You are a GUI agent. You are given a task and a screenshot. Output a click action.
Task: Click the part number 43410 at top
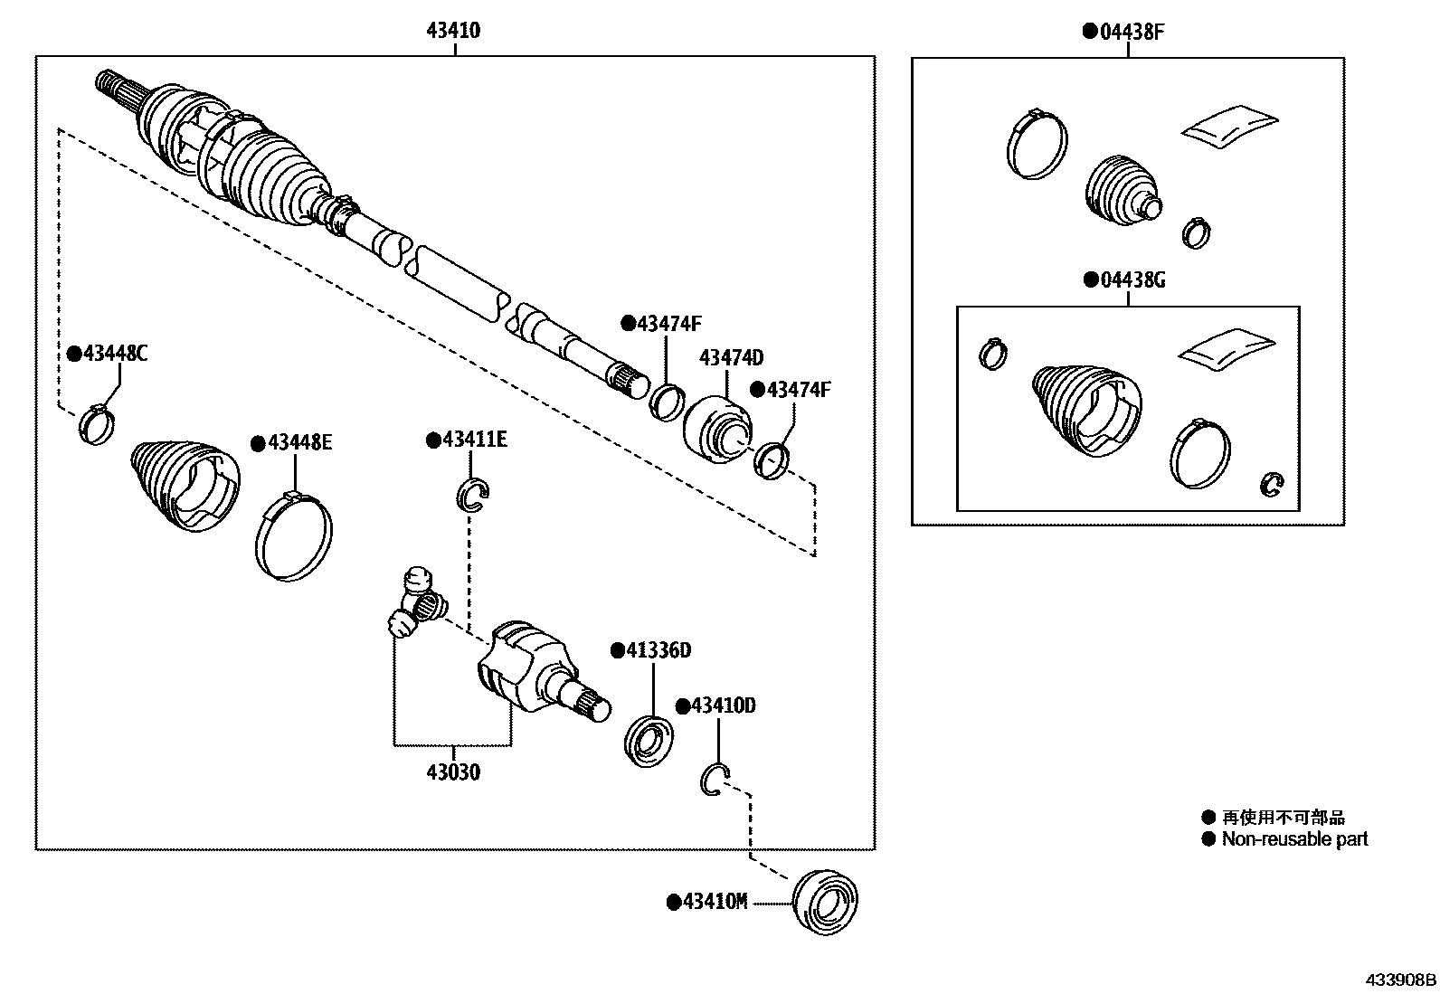453,31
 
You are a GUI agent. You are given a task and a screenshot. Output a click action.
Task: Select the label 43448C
113,354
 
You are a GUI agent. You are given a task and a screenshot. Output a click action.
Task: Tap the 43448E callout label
298,442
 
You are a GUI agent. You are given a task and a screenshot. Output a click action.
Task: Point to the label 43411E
473,440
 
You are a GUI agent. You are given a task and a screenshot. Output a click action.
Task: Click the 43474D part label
731,358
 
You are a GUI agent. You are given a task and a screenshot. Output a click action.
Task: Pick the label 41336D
658,650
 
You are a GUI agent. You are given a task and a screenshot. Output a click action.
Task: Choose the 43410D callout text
722,705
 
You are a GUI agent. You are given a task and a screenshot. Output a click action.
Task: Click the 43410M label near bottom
714,902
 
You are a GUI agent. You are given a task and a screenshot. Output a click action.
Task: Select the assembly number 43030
453,772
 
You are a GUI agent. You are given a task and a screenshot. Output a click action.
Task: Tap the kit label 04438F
1130,33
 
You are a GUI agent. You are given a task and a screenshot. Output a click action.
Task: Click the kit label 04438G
1130,280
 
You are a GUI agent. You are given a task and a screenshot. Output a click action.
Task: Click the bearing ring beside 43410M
824,901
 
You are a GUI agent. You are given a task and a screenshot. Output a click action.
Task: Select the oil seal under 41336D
648,742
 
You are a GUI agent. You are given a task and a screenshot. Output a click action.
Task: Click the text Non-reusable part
1293,838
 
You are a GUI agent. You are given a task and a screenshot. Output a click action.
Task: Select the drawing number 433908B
1400,980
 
